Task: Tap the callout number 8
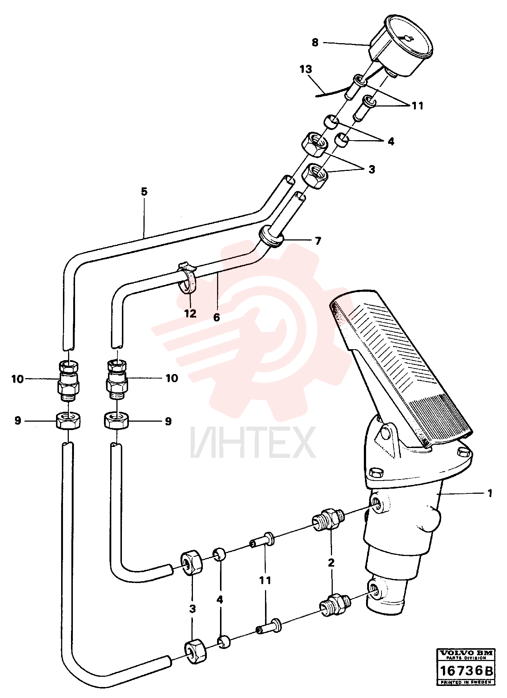click(x=315, y=42)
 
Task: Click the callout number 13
click(x=306, y=69)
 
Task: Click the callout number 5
click(x=144, y=191)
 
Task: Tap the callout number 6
click(x=216, y=317)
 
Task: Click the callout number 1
click(x=490, y=493)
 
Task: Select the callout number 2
click(x=331, y=562)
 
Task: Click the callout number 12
click(x=190, y=314)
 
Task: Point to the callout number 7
click(x=318, y=241)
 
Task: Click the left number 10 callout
click(x=17, y=379)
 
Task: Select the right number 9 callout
click(x=168, y=421)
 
